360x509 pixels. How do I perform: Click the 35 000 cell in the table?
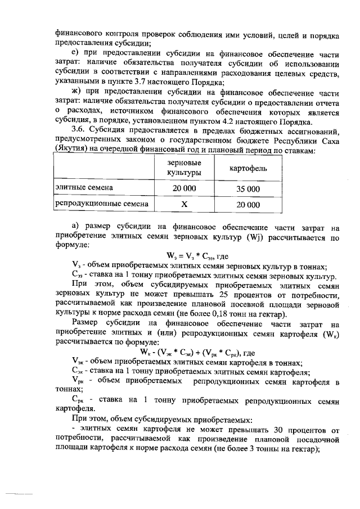248,188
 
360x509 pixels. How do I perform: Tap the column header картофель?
248,169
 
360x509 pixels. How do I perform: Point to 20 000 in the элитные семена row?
184,188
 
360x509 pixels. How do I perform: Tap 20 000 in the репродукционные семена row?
248,205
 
